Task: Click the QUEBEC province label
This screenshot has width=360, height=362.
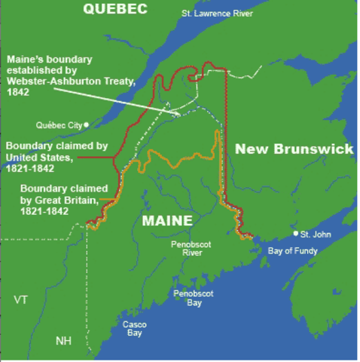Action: tap(116, 10)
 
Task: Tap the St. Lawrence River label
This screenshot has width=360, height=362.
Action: tap(215, 14)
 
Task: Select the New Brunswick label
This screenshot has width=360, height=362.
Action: tap(294, 149)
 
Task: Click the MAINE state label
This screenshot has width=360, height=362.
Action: tap(166, 220)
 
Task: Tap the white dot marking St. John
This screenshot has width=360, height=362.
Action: tap(296, 234)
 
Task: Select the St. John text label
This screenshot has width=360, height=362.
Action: tap(317, 235)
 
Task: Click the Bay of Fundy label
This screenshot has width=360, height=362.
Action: tap(298, 250)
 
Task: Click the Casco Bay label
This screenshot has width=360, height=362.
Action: tap(135, 329)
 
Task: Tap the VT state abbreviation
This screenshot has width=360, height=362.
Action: tap(20, 300)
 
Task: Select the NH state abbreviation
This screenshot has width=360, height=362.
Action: tap(64, 341)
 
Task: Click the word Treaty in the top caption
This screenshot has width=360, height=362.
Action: tap(117, 81)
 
